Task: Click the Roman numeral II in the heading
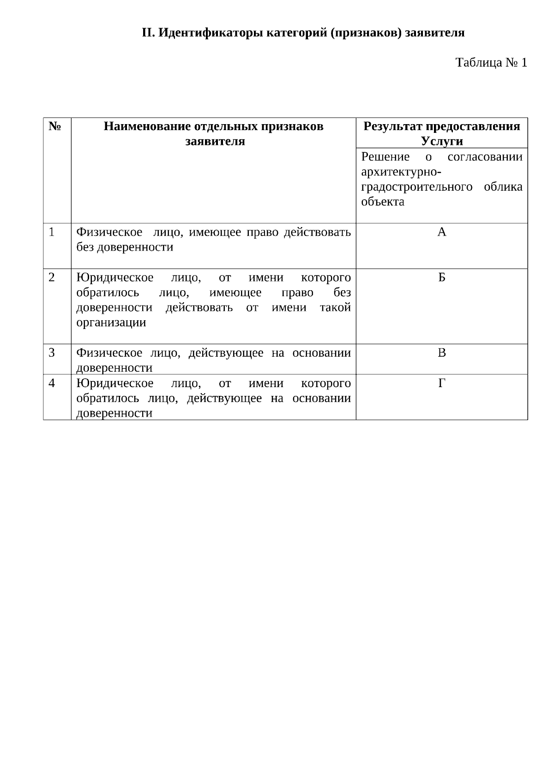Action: coord(147,33)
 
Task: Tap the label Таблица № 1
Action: coord(491,62)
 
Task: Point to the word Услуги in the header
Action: coord(442,141)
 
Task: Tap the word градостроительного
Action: coord(416,187)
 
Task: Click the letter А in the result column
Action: coord(442,232)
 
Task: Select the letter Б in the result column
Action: coord(442,277)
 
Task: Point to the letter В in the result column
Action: coord(442,353)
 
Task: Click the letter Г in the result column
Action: coord(442,383)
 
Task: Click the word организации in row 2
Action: coord(111,323)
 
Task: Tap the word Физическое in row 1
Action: coord(109,232)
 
